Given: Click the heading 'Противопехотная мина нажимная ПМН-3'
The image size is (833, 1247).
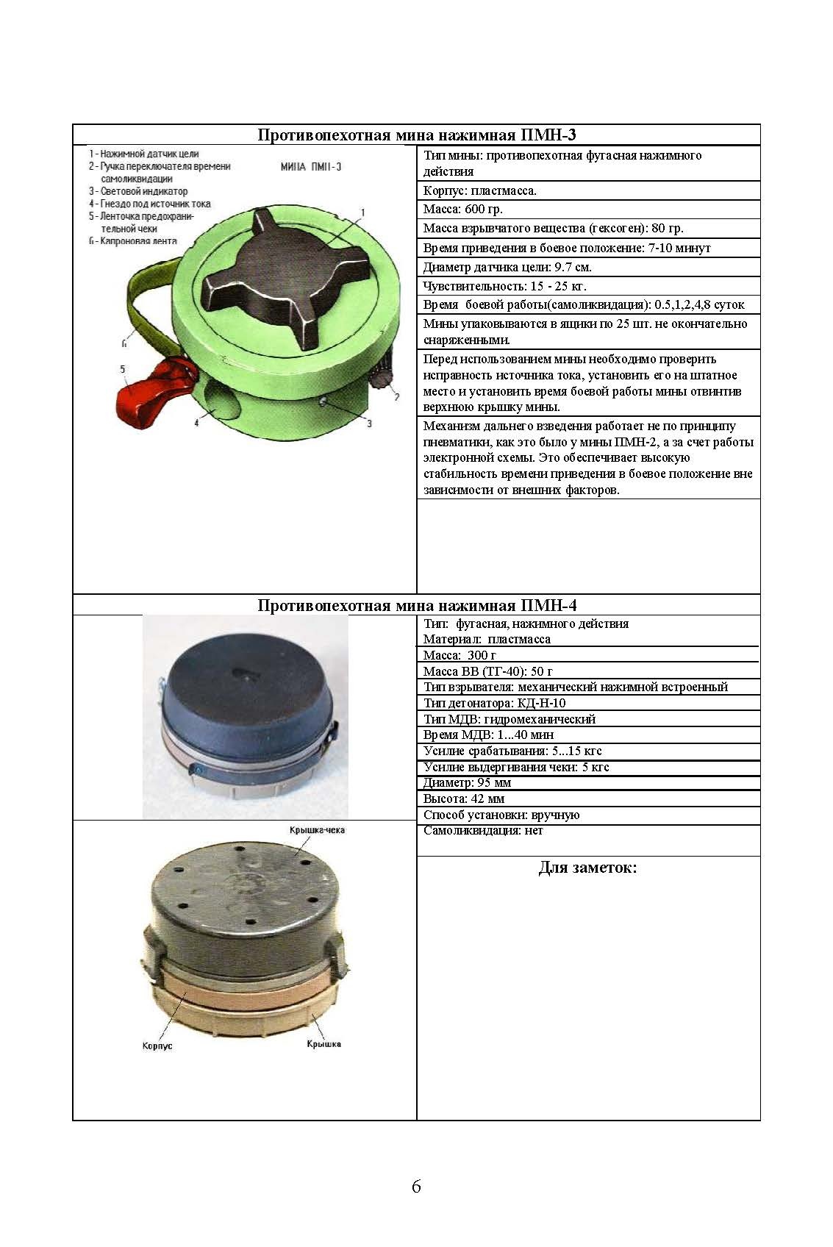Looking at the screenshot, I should [416, 135].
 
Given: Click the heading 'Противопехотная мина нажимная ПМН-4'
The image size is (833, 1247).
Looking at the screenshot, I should [416, 605].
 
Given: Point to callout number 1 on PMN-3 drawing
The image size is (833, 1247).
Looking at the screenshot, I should [362, 212].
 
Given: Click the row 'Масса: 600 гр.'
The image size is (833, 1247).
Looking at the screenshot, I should [463, 210].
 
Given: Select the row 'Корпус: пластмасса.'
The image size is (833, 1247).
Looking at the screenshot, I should [480, 190].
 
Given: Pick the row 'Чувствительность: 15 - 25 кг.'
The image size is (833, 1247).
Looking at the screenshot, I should [504, 286].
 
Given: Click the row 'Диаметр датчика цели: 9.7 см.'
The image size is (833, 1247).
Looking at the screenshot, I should [507, 267].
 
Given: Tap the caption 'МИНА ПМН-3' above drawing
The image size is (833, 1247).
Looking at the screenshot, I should [311, 167].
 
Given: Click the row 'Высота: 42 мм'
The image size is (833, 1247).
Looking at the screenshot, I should [464, 798].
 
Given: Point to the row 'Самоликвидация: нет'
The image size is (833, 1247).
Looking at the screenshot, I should [483, 831].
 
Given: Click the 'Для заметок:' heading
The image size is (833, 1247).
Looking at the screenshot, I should [587, 868].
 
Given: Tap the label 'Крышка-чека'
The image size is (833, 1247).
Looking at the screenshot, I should [317, 830].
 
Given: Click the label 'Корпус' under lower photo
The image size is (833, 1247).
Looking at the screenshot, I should [157, 1046].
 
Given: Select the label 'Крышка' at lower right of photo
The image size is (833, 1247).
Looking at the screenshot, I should [323, 1044].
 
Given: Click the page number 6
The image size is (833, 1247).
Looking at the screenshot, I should [416, 1186].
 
